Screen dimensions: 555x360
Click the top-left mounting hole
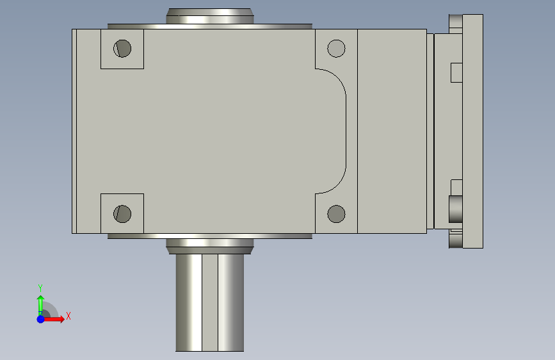click(122, 49)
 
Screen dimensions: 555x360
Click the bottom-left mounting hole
click(122, 214)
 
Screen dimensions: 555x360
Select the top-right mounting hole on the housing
click(336, 49)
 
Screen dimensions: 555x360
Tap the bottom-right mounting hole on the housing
click(336, 214)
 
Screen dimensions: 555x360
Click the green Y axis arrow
click(40, 305)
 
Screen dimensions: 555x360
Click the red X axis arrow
click(53, 319)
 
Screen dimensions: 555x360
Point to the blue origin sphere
click(41, 319)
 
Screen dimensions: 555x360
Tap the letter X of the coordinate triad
click(68, 316)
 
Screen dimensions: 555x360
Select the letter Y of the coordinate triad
click(40, 288)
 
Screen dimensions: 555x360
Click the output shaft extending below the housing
click(209, 302)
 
